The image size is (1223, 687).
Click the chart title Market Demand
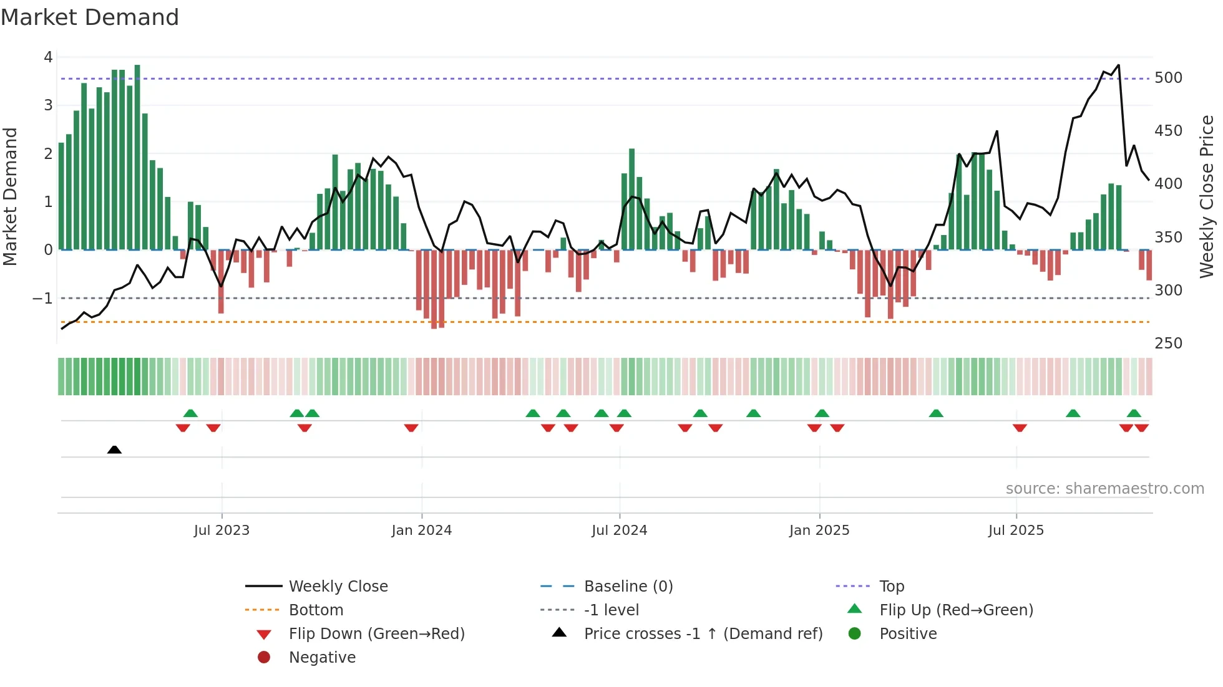pyautogui.click(x=90, y=17)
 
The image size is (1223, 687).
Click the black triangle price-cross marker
pyautogui.click(x=114, y=449)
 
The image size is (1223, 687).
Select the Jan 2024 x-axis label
pyautogui.click(x=421, y=531)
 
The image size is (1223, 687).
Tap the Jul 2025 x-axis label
pyautogui.click(x=1015, y=531)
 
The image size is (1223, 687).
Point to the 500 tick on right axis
pyautogui.click(x=1168, y=78)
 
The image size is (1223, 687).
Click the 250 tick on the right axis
pyautogui.click(x=1168, y=343)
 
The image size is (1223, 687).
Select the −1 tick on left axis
pyautogui.click(x=42, y=299)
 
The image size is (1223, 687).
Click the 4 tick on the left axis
pyautogui.click(x=48, y=57)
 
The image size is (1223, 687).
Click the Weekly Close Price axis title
pyautogui.click(x=1207, y=196)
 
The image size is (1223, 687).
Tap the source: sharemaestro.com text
pyautogui.click(x=1104, y=489)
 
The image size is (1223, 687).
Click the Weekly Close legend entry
pyautogui.click(x=338, y=587)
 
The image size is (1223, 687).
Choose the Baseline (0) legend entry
pyautogui.click(x=628, y=587)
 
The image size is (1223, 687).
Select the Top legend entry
pyautogui.click(x=891, y=587)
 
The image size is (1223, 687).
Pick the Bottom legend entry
pyautogui.click(x=316, y=610)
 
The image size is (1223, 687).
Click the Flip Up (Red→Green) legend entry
pyautogui.click(x=956, y=610)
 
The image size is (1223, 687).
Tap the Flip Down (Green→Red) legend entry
pyautogui.click(x=376, y=634)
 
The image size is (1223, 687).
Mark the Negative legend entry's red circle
pyautogui.click(x=264, y=658)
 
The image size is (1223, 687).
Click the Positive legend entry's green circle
pyautogui.click(x=855, y=634)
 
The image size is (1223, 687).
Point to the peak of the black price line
pyautogui.click(x=1118, y=65)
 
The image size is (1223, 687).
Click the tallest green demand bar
pyautogui.click(x=137, y=156)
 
